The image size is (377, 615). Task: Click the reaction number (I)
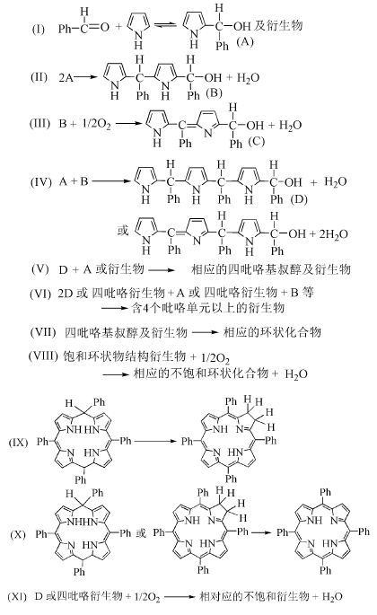coord(38,29)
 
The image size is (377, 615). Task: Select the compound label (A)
coord(245,41)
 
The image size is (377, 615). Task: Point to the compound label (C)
coord(256,141)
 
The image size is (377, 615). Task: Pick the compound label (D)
coord(299,199)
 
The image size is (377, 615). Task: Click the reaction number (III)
coord(40,124)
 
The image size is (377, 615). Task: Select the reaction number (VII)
coord(43,332)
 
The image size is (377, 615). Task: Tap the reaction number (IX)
coord(18,443)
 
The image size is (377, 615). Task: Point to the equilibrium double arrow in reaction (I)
coord(165,25)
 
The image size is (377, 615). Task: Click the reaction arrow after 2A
coord(86,77)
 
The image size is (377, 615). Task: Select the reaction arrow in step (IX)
coord(156,441)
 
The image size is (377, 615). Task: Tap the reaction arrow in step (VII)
coord(205,332)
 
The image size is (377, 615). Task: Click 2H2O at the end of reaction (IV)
coord(333,234)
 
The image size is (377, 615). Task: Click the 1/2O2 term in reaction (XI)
coord(147,597)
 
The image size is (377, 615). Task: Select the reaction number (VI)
coord(39,293)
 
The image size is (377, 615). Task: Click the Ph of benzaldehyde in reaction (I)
coord(65,28)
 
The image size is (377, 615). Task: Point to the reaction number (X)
coord(18,534)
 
